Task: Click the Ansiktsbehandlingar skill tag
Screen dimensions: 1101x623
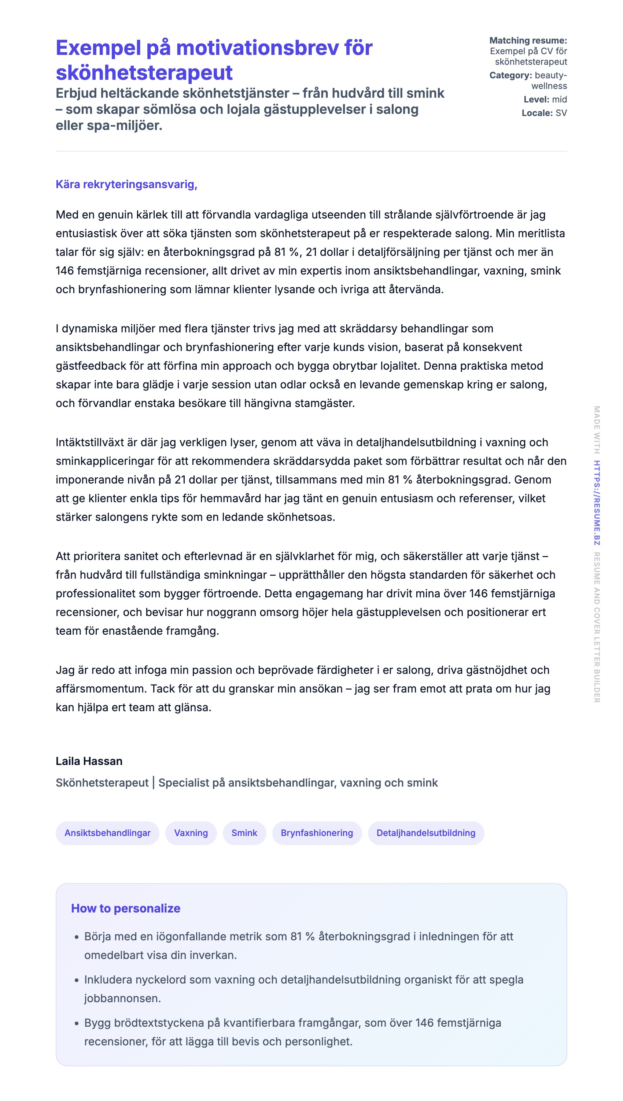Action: tap(107, 833)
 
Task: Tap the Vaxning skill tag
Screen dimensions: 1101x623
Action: tap(191, 833)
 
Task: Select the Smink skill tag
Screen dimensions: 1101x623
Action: tap(244, 833)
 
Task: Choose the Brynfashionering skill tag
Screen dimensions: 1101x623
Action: tap(317, 833)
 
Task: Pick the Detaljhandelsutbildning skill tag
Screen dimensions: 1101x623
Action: tap(426, 833)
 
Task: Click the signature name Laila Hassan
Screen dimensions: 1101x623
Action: tap(89, 761)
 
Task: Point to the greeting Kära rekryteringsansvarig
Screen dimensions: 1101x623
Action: tap(126, 184)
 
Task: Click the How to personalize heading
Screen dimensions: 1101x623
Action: tap(125, 908)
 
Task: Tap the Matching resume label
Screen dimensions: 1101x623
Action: tap(528, 41)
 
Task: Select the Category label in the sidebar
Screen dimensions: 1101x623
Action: tap(510, 76)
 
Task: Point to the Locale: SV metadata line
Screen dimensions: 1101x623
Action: tap(544, 113)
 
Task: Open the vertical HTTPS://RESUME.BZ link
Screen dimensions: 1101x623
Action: tap(597, 503)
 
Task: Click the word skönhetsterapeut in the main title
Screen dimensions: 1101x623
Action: tap(144, 73)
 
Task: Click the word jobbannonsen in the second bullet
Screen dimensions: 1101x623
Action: tap(122, 999)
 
